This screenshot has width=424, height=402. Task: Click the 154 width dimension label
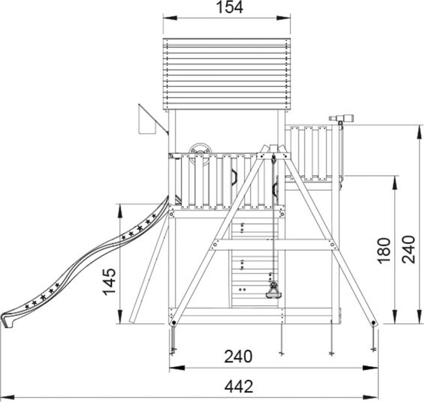[229, 7]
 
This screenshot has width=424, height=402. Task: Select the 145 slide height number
[109, 282]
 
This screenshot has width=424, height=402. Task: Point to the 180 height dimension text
[384, 251]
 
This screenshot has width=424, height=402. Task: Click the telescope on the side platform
[342, 118]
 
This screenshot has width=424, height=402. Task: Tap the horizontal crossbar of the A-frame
[274, 245]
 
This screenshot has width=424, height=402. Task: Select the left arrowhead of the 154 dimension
[170, 18]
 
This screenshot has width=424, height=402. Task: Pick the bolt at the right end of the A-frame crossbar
[332, 245]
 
